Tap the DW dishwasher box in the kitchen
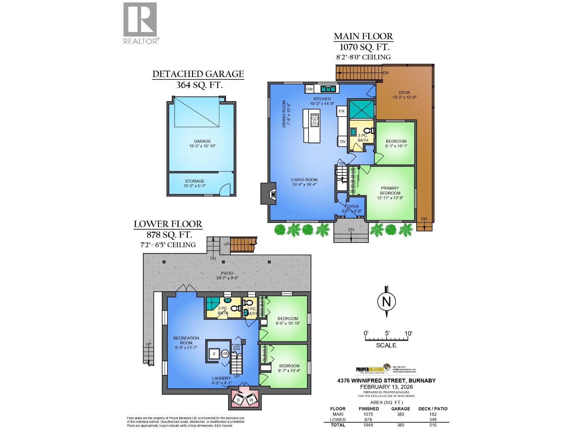click(309, 89)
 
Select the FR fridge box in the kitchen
click(341, 111)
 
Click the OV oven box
click(342, 141)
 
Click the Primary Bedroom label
click(390, 190)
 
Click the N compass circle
click(386, 302)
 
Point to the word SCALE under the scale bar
click(386, 345)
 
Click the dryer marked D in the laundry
click(238, 400)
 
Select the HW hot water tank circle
click(225, 354)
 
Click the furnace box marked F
click(215, 354)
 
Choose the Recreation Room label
click(186, 340)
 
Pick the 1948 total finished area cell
click(368, 425)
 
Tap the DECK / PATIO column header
click(433, 409)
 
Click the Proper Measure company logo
click(371, 369)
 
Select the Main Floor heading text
click(363, 36)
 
